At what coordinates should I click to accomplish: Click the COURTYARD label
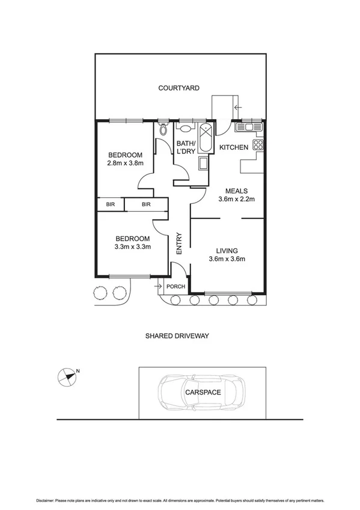coord(178,88)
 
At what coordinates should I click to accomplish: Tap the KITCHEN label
coord(234,147)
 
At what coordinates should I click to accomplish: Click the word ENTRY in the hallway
coord(178,244)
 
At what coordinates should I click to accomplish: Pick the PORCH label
coord(175,286)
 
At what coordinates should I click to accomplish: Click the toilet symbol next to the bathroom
coord(163,129)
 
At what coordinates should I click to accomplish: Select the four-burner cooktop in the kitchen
coord(259,144)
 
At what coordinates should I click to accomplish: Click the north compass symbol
coord(67,377)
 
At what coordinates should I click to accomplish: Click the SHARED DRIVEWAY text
coord(177,336)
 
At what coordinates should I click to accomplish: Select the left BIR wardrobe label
coord(111,205)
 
